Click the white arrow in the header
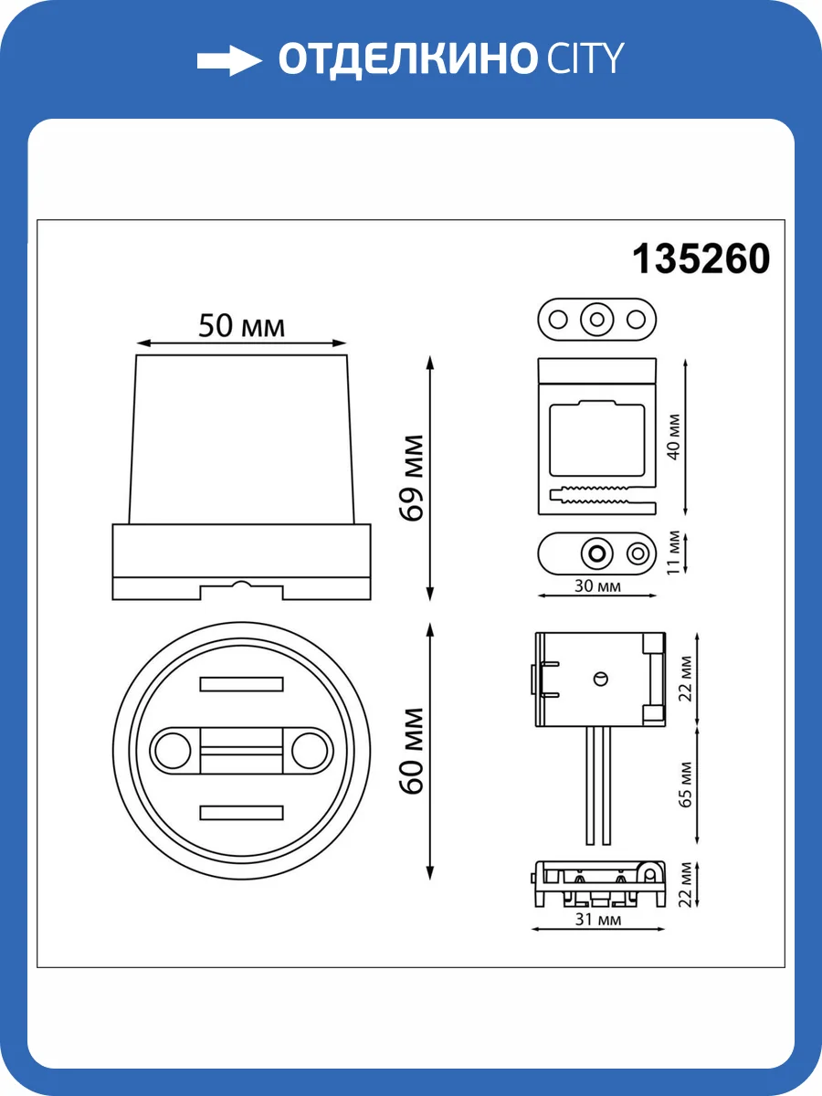pos(229,60)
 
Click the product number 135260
pos(701,259)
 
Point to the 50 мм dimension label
pos(241,325)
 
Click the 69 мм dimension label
pos(413,478)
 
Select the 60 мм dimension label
pos(413,750)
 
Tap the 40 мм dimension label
pos(674,437)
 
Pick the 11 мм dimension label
pos(674,551)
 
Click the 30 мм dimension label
pos(596,586)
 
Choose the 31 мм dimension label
pos(598,920)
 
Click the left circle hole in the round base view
pos(168,750)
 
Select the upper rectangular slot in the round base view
pos(240,684)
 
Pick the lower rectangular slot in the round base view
pos(240,812)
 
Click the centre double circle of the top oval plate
pos(596,320)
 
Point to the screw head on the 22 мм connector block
pos(599,677)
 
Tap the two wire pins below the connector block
pos(599,785)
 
